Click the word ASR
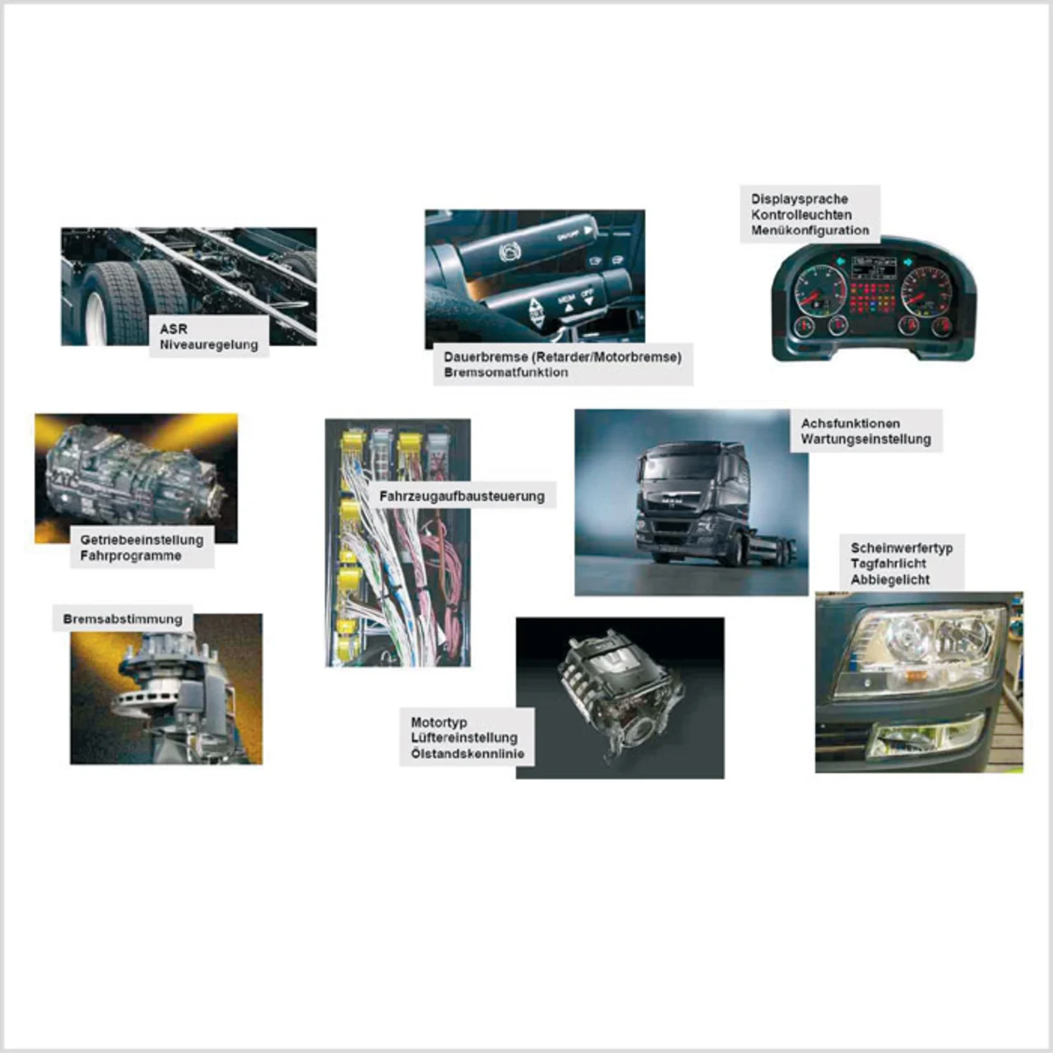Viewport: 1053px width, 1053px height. pyautogui.click(x=174, y=329)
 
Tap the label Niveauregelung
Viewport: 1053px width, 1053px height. pyautogui.click(x=209, y=346)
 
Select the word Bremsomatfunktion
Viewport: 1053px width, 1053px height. pyautogui.click(x=506, y=373)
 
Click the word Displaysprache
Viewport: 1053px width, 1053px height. pyautogui.click(x=800, y=199)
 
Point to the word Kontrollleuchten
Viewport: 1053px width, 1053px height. pyautogui.click(x=801, y=215)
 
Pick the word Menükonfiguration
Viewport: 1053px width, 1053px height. pyautogui.click(x=809, y=230)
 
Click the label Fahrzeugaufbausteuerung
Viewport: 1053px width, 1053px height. pyautogui.click(x=462, y=497)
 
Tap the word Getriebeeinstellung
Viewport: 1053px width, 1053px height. pyautogui.click(x=141, y=540)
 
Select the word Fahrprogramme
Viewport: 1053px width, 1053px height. pyautogui.click(x=131, y=556)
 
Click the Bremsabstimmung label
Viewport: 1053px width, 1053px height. pyautogui.click(x=123, y=619)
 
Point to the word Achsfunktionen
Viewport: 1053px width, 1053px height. pyautogui.click(x=851, y=424)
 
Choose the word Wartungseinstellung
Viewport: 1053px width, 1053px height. pyautogui.click(x=866, y=439)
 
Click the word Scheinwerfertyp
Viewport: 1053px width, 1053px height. pyautogui.click(x=902, y=548)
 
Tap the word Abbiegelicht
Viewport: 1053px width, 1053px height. pyautogui.click(x=890, y=580)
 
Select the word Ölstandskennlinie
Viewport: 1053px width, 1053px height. pyautogui.click(x=467, y=754)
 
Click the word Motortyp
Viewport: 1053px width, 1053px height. pyautogui.click(x=438, y=722)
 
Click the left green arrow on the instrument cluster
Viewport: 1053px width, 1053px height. pyautogui.click(x=841, y=262)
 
